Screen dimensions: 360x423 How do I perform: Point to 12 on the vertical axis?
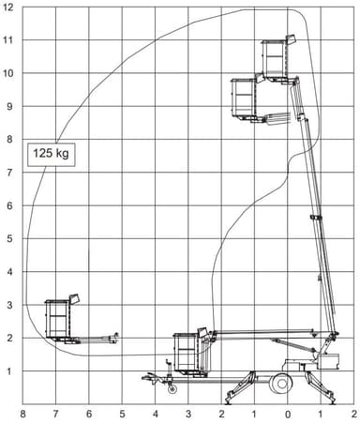[x=8, y=8]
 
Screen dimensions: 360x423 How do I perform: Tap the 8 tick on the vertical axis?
[x=9, y=140]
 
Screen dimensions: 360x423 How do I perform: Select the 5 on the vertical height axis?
[x=9, y=239]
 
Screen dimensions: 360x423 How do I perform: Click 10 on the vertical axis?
[x=8, y=73]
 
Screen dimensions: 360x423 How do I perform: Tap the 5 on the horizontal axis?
[x=122, y=413]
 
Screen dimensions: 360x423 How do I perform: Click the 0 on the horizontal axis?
[x=287, y=413]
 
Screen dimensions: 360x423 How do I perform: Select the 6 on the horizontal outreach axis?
[x=89, y=413]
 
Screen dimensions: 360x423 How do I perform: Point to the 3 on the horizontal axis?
[x=188, y=413]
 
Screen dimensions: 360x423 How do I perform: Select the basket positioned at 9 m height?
[x=245, y=98]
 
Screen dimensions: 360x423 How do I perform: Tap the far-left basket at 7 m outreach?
[x=59, y=319]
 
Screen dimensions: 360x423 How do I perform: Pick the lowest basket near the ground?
[x=189, y=353]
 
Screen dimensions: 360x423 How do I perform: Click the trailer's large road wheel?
[x=280, y=383]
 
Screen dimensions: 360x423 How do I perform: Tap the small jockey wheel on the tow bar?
[x=171, y=387]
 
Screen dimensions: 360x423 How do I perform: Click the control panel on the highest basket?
[x=291, y=40]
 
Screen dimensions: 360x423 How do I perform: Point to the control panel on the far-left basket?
[x=75, y=299]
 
